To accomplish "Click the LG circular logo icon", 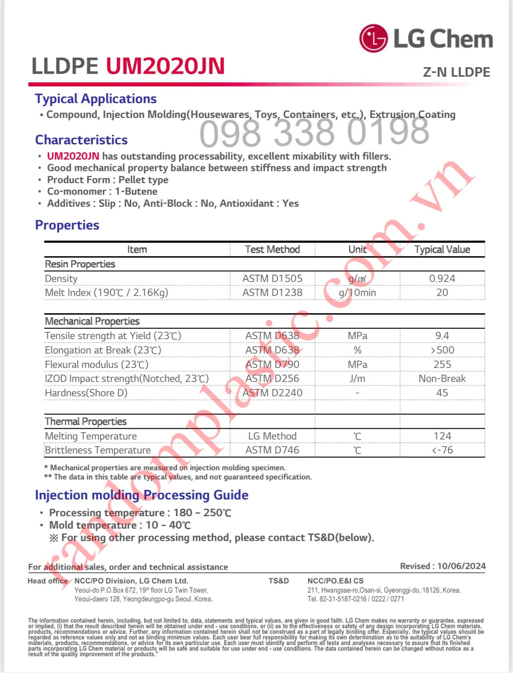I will tap(373, 38).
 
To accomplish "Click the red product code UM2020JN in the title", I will tap(165, 66).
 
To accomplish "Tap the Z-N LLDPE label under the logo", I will tap(456, 72).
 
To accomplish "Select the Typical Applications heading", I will tap(95, 99).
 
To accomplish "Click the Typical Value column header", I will tap(442, 250).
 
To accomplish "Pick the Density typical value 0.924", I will tap(442, 278).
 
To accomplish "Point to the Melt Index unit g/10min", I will tap(357, 293).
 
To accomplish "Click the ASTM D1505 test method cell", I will tap(272, 278).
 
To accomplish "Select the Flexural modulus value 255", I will tap(442, 364).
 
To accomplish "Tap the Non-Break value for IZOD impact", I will tap(442, 378).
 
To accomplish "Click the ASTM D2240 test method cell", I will tap(272, 393).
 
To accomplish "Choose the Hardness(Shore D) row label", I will tap(86, 393).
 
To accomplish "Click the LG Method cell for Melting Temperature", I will tap(272, 436).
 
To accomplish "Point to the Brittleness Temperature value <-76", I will tap(442, 450).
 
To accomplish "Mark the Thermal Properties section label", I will tap(85, 421).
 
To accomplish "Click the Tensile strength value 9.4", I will tap(442, 336).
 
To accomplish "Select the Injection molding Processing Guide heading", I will tap(141, 495).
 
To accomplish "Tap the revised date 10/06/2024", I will tap(461, 566).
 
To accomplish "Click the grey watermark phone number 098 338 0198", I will tap(314, 133).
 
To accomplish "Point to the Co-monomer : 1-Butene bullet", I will tap(102, 192).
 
